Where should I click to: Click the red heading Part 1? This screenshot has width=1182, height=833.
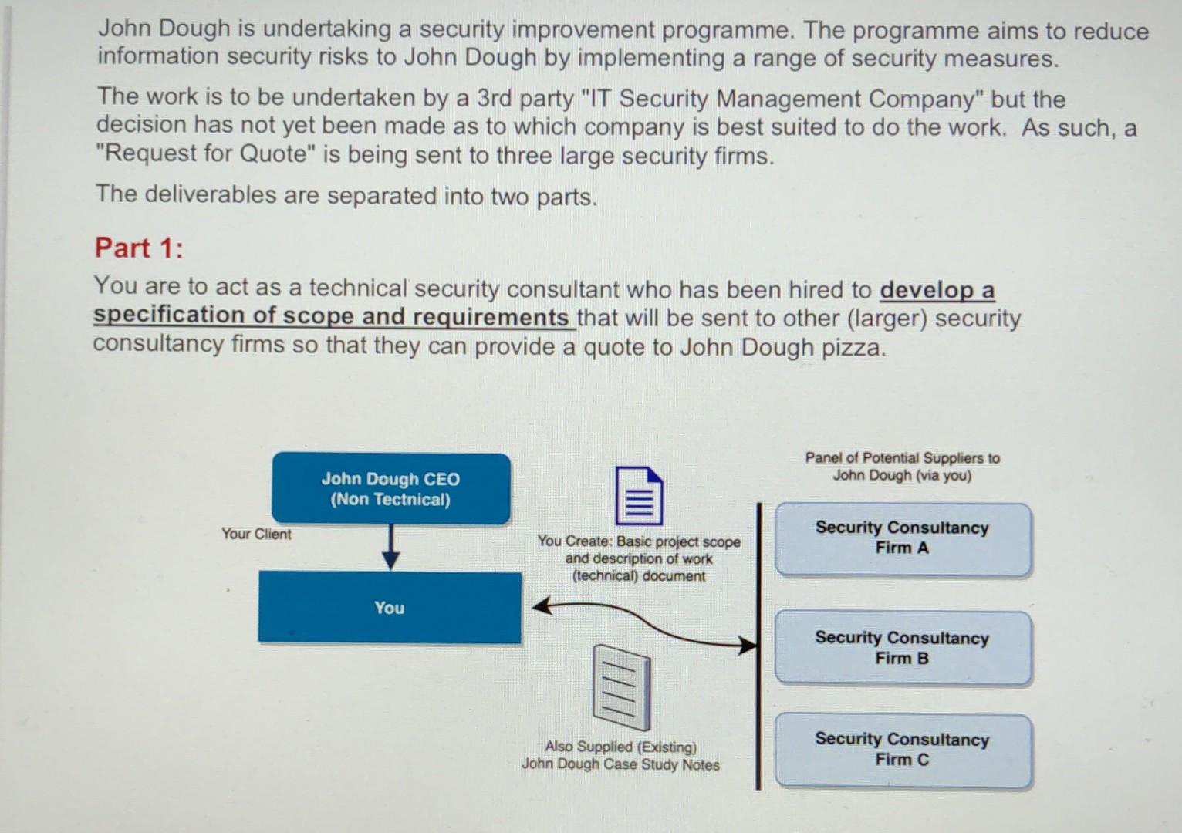[x=139, y=248]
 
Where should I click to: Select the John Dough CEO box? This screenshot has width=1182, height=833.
[x=390, y=489]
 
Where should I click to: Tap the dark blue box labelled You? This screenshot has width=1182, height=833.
[x=389, y=608]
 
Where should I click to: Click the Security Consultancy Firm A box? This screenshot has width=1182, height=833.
[x=902, y=538]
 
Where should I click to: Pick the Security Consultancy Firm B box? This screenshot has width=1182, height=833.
[x=902, y=648]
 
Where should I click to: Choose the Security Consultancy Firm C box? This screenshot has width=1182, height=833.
[x=902, y=750]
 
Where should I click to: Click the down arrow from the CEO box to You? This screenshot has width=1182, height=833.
[x=391, y=548]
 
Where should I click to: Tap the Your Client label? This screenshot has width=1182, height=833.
[x=256, y=534]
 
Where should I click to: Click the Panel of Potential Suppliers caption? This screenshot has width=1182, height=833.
[x=902, y=467]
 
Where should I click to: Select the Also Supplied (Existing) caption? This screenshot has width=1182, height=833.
[x=620, y=747]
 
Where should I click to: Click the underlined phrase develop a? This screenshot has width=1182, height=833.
[x=937, y=290]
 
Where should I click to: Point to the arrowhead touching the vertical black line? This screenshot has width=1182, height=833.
[x=748, y=645]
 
